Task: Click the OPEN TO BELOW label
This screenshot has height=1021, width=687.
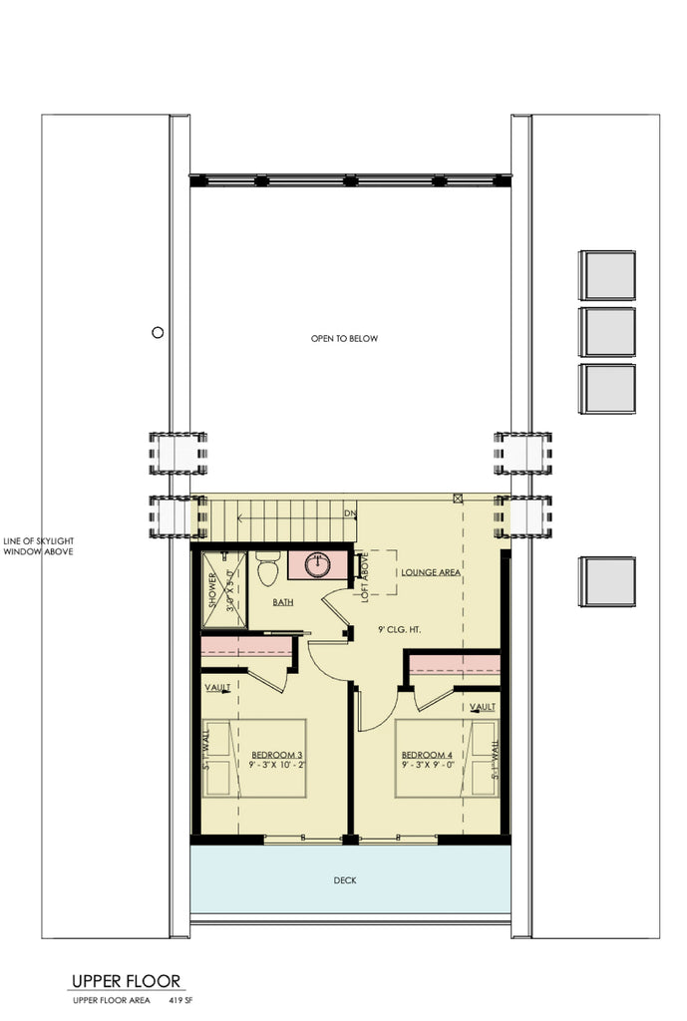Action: click(344, 339)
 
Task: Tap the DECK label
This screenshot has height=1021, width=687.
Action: click(345, 880)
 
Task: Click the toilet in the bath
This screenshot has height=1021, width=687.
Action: click(267, 571)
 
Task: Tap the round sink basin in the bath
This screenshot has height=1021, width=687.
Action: click(318, 564)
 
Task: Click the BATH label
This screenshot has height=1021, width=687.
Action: click(283, 603)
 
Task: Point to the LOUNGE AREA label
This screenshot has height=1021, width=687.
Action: click(430, 573)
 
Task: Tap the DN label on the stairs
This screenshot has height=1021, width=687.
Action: click(349, 513)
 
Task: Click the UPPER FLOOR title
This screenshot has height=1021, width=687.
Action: click(126, 981)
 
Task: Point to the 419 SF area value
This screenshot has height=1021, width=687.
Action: click(178, 999)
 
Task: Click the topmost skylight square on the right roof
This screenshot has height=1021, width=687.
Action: click(607, 275)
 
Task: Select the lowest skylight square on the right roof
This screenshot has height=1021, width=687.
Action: click(607, 581)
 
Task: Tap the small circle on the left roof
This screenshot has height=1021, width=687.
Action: click(157, 333)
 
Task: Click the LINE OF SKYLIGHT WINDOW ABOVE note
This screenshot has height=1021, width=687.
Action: click(38, 546)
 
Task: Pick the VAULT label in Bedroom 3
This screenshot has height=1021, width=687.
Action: click(217, 688)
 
